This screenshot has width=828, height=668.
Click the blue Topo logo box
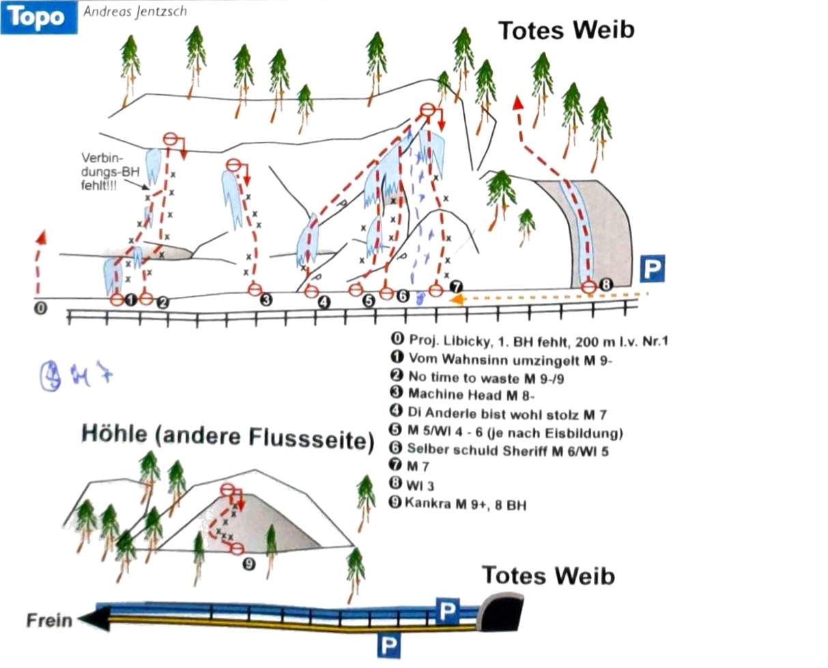(38, 17)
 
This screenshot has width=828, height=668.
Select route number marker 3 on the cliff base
(266, 299)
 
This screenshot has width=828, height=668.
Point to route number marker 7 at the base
(456, 287)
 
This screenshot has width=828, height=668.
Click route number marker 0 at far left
(40, 308)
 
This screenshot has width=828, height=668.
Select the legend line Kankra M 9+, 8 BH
(464, 505)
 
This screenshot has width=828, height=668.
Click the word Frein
(49, 620)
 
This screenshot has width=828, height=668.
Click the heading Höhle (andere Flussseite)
(228, 436)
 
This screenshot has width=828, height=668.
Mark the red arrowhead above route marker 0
(41, 237)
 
